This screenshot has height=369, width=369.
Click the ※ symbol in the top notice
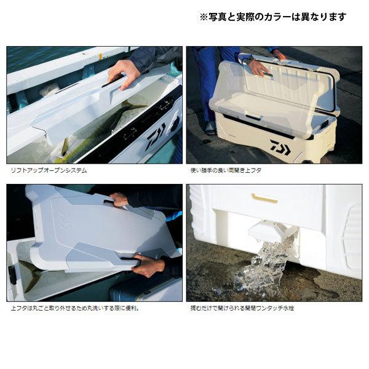pos(204,17)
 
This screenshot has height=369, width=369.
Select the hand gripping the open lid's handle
pos(259,68)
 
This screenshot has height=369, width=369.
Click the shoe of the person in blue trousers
pos(210,128)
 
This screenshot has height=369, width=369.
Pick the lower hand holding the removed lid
pos(148,265)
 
